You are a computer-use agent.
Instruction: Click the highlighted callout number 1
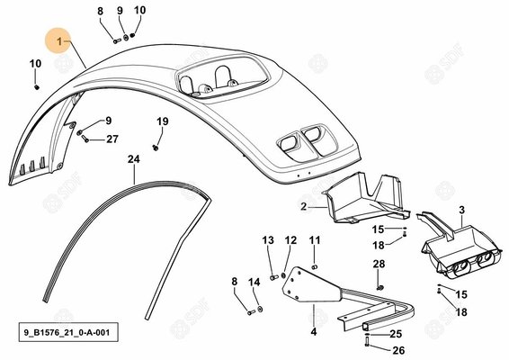[x=59, y=41]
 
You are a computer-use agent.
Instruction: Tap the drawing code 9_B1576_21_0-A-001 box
[x=68, y=332]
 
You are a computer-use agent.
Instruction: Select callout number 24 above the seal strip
[x=134, y=159]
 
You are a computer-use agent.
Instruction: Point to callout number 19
[x=163, y=121]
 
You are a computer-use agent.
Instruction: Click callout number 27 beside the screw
[x=112, y=139]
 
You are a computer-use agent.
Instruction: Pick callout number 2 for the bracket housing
[x=304, y=207]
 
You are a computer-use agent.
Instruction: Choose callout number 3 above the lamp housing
[x=462, y=210]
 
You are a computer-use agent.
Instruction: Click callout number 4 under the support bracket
[x=314, y=332]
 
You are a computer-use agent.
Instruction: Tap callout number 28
[x=379, y=264]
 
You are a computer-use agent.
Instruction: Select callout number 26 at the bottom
[x=398, y=350]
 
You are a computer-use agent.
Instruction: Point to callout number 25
[x=396, y=334]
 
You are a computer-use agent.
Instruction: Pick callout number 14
[x=254, y=282]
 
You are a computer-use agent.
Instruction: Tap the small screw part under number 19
[x=156, y=148]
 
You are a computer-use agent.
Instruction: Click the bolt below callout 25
[x=367, y=341]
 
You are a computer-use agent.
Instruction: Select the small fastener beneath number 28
[x=380, y=287]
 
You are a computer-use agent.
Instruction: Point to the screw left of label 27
[x=85, y=139]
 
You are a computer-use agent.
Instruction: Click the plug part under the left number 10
[x=37, y=87]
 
